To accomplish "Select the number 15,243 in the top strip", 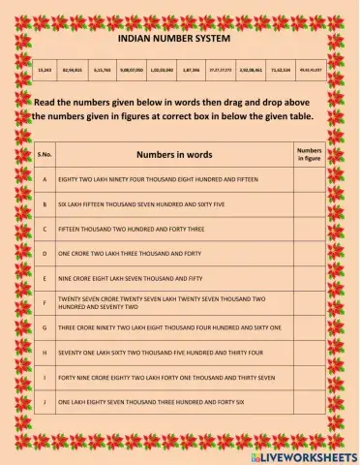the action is (45, 71).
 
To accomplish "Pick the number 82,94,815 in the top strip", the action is (73, 71).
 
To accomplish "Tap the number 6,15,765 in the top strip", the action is (104, 71).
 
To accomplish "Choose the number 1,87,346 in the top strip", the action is (191, 71).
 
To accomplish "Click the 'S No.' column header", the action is (45, 155).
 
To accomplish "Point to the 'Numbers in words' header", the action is (174, 154).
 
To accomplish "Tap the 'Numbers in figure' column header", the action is (309, 154).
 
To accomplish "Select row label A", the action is (45, 180).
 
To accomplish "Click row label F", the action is (45, 302).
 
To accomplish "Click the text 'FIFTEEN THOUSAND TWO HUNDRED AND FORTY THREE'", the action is (128, 230).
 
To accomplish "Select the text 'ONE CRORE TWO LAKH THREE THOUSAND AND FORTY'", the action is (130, 253).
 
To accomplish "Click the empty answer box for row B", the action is (309, 204).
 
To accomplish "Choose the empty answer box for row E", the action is (309, 277).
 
